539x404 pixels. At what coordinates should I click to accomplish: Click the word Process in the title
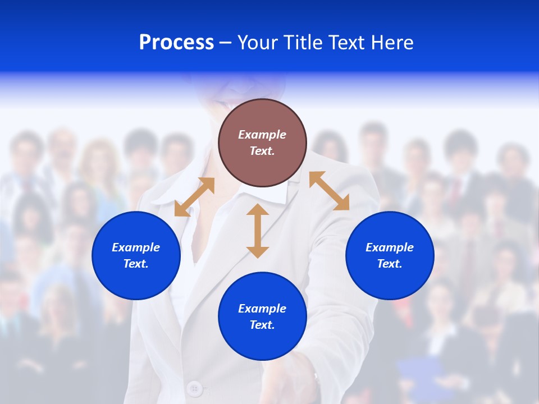pyautogui.click(x=176, y=43)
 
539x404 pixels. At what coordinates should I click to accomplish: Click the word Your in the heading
pyautogui.click(x=259, y=43)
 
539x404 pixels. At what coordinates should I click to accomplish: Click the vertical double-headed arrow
pyautogui.click(x=258, y=231)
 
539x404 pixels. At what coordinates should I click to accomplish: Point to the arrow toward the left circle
pyautogui.click(x=194, y=197)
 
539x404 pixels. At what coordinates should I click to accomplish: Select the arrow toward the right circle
pyautogui.click(x=330, y=191)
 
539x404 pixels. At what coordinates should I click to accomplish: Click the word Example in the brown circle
pyautogui.click(x=262, y=135)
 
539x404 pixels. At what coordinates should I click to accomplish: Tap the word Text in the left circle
pyautogui.click(x=136, y=264)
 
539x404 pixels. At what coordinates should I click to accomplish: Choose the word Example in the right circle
pyautogui.click(x=390, y=247)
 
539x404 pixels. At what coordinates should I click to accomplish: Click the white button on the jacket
pyautogui.click(x=194, y=388)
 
